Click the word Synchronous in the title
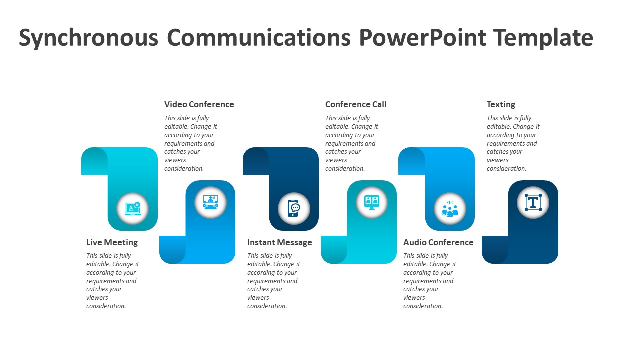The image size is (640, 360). point(88,37)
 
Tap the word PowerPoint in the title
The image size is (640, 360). point(423,37)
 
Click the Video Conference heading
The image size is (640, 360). point(199,104)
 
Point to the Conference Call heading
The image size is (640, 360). point(356,104)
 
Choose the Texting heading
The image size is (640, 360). point(501,105)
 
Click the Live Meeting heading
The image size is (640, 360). point(112,242)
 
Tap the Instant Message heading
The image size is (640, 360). point(279,242)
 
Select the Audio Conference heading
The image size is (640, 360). point(438,242)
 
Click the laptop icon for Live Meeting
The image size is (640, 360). point(133,209)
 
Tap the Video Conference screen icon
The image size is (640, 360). point(210,202)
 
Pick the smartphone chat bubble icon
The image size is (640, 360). point(294,208)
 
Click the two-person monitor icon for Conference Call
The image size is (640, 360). point(371,202)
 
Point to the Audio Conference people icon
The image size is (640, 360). point(450,209)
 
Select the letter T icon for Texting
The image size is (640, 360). point(533,202)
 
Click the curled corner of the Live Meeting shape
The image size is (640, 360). point(94,161)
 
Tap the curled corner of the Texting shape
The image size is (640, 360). point(495,249)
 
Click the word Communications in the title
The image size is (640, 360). point(259,37)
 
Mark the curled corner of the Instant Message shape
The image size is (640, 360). point(256,161)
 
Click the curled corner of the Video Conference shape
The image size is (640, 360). point(172,249)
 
